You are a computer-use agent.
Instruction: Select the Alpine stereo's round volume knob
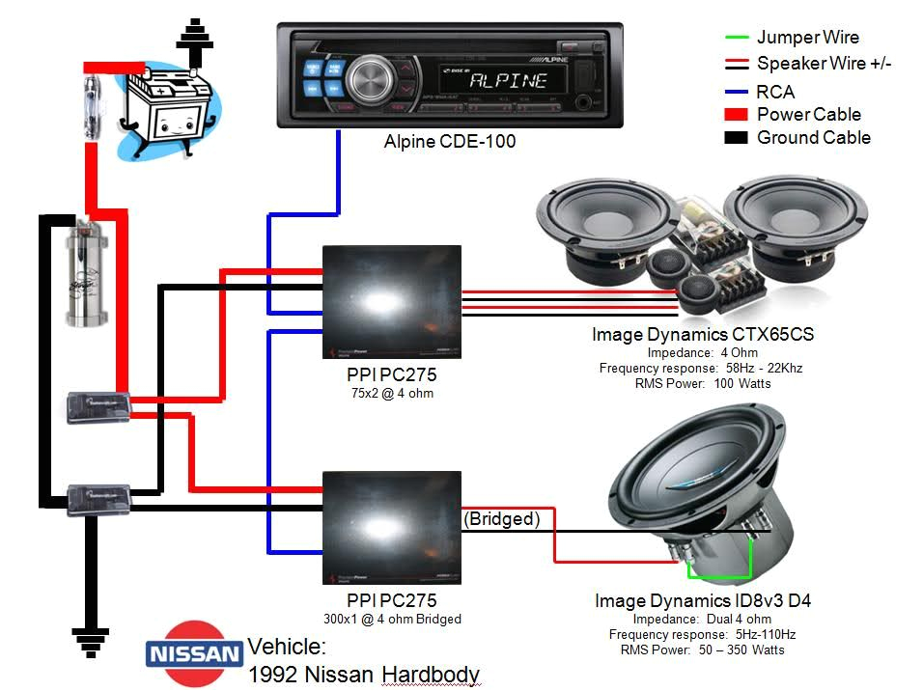[368, 79]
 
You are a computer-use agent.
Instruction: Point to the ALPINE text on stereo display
[508, 80]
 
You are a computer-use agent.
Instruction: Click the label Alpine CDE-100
[450, 142]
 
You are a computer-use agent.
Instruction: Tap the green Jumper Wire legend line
[736, 39]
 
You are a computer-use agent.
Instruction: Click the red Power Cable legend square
[736, 115]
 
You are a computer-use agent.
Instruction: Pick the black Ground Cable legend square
[736, 138]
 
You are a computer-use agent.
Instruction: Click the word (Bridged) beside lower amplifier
[501, 519]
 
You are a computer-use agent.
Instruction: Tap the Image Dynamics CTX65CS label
[702, 335]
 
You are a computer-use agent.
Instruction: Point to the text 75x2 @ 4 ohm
[391, 393]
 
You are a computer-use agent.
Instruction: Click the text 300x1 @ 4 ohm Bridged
[391, 620]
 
